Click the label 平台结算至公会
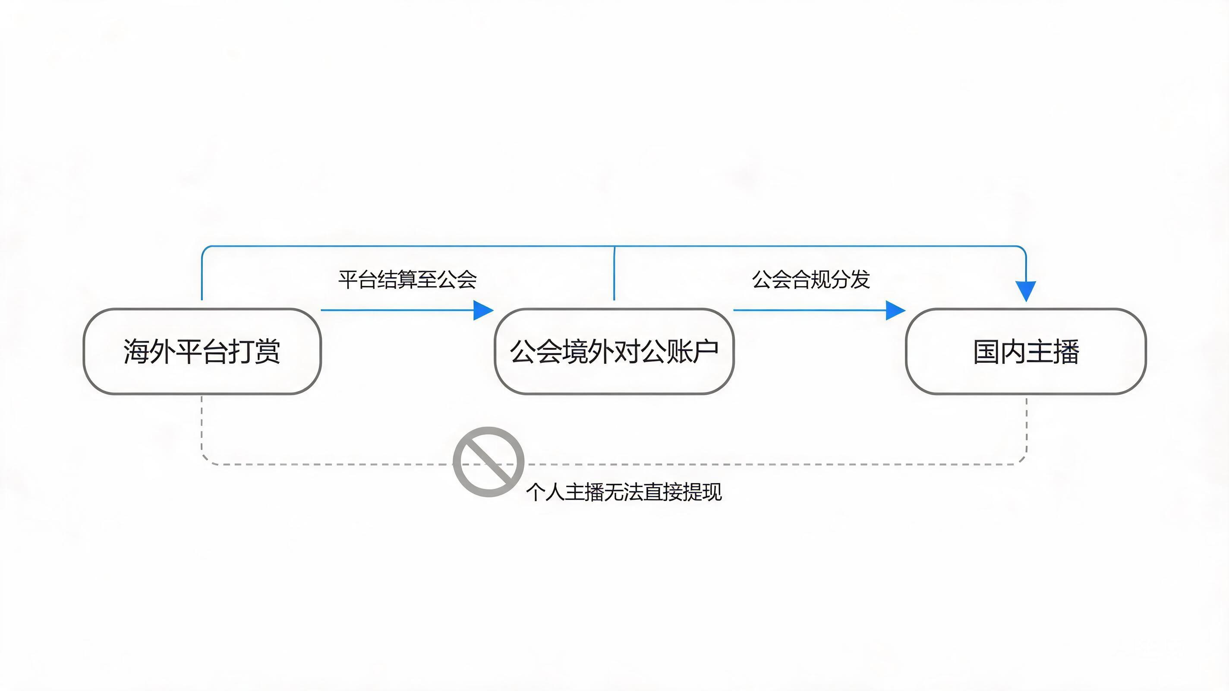[407, 279]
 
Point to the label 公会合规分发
[811, 279]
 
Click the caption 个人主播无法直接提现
[624, 492]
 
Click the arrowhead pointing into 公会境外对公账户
[483, 311]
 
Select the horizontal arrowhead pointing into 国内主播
[895, 311]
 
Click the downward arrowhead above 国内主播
[1026, 291]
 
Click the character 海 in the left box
[136, 352]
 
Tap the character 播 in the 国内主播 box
[1066, 352]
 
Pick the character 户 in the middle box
[706, 352]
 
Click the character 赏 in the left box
[267, 352]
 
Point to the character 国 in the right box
[986, 352]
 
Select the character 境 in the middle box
[575, 352]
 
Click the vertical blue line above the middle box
[614, 273]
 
